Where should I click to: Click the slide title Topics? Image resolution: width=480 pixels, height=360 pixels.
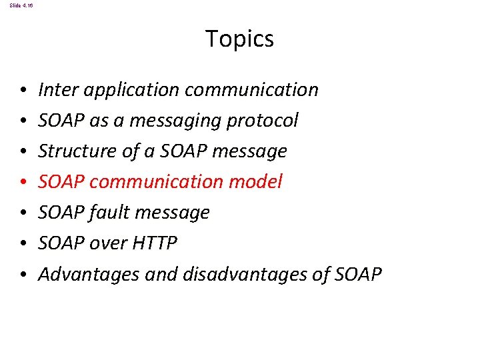click(239, 39)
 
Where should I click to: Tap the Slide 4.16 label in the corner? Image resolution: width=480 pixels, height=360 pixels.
click(21, 5)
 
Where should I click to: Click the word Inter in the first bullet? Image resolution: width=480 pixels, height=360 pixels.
click(55, 89)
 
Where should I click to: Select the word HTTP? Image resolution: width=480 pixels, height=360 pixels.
click(155, 243)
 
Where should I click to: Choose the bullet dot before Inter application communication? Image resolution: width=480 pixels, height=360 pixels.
click(23, 90)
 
